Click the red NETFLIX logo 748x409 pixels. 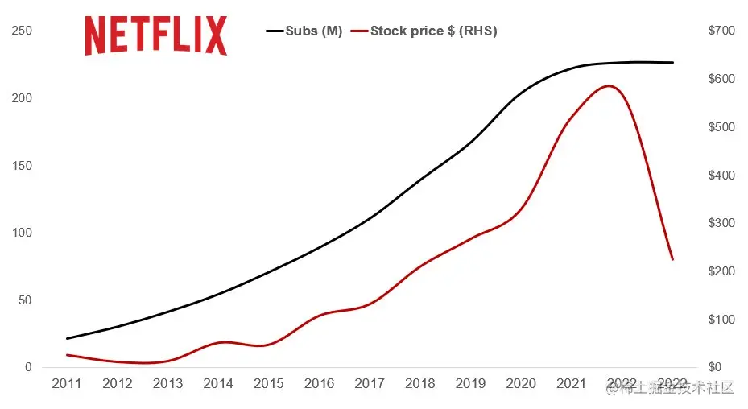pyautogui.click(x=155, y=35)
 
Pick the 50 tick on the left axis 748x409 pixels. pyautogui.click(x=25, y=300)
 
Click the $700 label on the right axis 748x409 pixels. pyautogui.click(x=720, y=31)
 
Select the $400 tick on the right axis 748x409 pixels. pyautogui.click(x=720, y=176)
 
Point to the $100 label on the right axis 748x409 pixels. pyautogui.click(x=720, y=320)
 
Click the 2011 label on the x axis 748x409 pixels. pyautogui.click(x=67, y=384)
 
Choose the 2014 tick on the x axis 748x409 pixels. pyautogui.click(x=217, y=384)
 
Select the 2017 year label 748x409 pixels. pyautogui.click(x=369, y=384)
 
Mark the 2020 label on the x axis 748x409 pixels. pyautogui.click(x=520, y=384)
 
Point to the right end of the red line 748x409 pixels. pyautogui.click(x=672, y=259)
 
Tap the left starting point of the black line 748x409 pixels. pyautogui.click(x=67, y=338)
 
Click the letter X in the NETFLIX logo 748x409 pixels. pyautogui.click(x=216, y=35)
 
